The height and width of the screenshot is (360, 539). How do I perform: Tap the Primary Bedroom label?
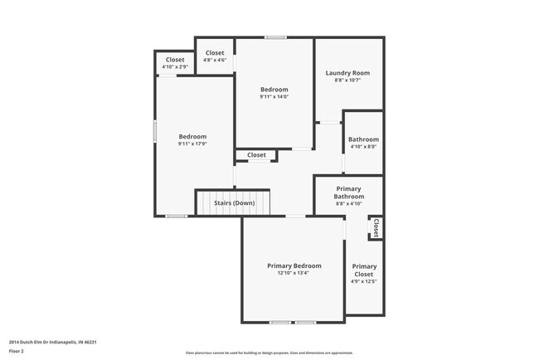294,265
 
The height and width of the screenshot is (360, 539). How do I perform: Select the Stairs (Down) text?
235,203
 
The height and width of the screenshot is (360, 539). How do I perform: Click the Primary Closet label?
364,270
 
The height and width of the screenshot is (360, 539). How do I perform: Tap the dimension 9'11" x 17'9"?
192,144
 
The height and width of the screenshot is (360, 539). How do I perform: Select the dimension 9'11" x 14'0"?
274,97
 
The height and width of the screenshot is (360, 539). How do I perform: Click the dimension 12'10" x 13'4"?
294,274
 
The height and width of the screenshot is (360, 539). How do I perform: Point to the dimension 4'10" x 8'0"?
363,147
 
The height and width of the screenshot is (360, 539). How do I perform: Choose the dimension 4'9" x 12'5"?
364,282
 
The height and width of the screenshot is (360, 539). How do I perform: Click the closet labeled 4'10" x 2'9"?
175,60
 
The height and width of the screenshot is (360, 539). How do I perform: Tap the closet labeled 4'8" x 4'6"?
215,53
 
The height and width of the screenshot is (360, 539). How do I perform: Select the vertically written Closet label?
376,228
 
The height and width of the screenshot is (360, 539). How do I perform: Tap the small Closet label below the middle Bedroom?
256,155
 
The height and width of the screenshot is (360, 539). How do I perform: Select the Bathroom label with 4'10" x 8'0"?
363,139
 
